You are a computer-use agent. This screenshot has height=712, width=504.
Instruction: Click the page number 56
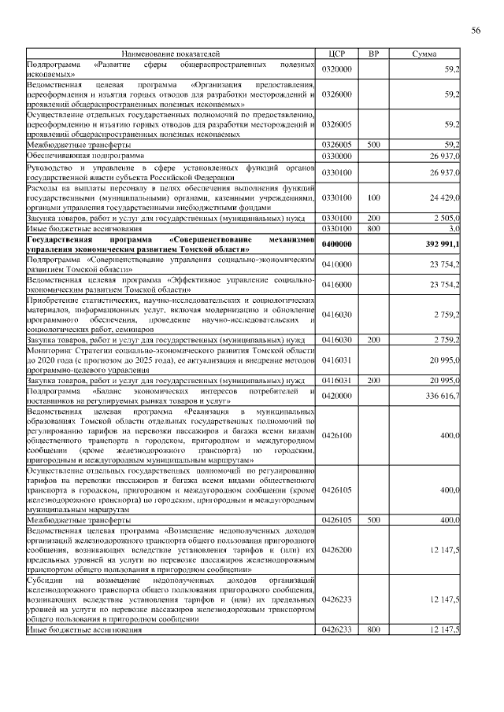tap(476, 31)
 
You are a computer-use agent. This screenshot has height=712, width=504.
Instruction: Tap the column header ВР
tap(374, 53)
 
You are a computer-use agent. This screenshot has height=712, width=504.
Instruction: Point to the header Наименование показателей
tap(170, 53)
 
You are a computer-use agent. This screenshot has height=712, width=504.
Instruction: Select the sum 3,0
tap(454, 227)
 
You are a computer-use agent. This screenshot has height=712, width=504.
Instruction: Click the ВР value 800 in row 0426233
tap(374, 630)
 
